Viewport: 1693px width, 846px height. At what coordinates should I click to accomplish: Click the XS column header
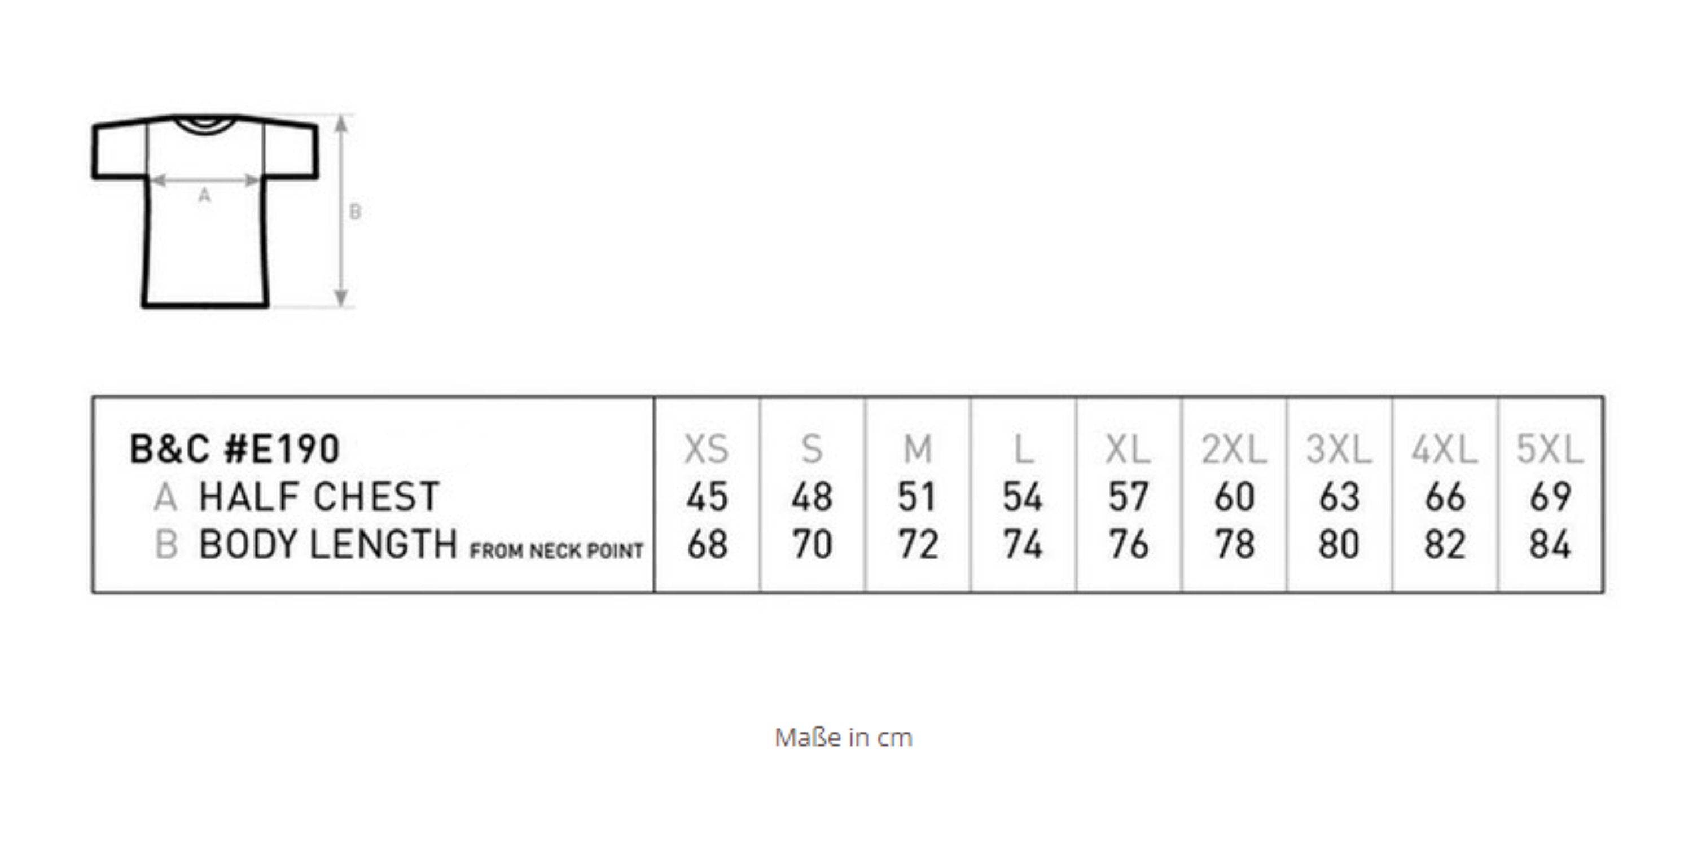(x=707, y=450)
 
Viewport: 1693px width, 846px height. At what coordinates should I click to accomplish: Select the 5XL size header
(x=1550, y=450)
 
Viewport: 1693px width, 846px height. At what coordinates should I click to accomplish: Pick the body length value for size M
(x=918, y=544)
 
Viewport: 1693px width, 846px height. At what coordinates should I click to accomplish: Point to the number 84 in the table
(x=1550, y=544)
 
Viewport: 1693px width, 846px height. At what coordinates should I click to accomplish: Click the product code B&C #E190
(x=235, y=450)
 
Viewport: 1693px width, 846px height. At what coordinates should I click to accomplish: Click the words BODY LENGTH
(x=328, y=544)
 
